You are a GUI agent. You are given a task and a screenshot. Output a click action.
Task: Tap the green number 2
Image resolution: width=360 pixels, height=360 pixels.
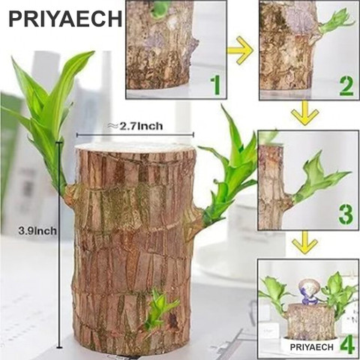coord(346,85)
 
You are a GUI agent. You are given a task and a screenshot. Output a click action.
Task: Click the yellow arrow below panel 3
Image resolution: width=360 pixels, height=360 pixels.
coord(306,242)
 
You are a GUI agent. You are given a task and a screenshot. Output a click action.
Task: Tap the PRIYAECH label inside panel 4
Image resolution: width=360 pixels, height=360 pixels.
coord(306,344)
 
